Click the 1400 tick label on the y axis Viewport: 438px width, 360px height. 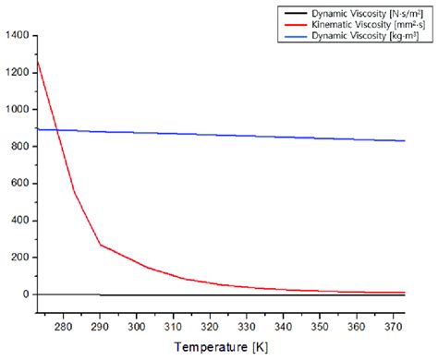click(x=16, y=36)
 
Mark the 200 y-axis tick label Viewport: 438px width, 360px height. click(x=18, y=258)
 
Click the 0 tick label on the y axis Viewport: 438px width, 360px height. click(x=25, y=294)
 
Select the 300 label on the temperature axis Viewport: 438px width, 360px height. click(x=135, y=326)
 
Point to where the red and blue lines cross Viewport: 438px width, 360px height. click(x=57, y=130)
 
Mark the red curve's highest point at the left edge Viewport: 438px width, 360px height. click(x=37, y=61)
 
